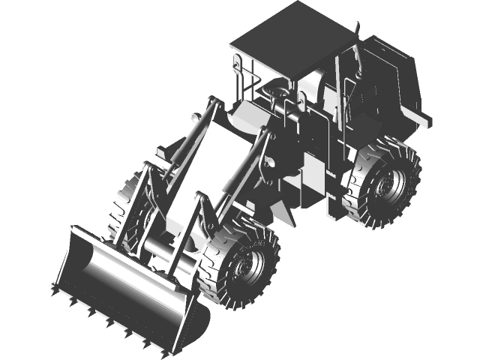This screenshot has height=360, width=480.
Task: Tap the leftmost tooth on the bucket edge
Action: [53, 289]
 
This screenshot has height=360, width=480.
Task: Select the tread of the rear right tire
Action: [409, 161]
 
